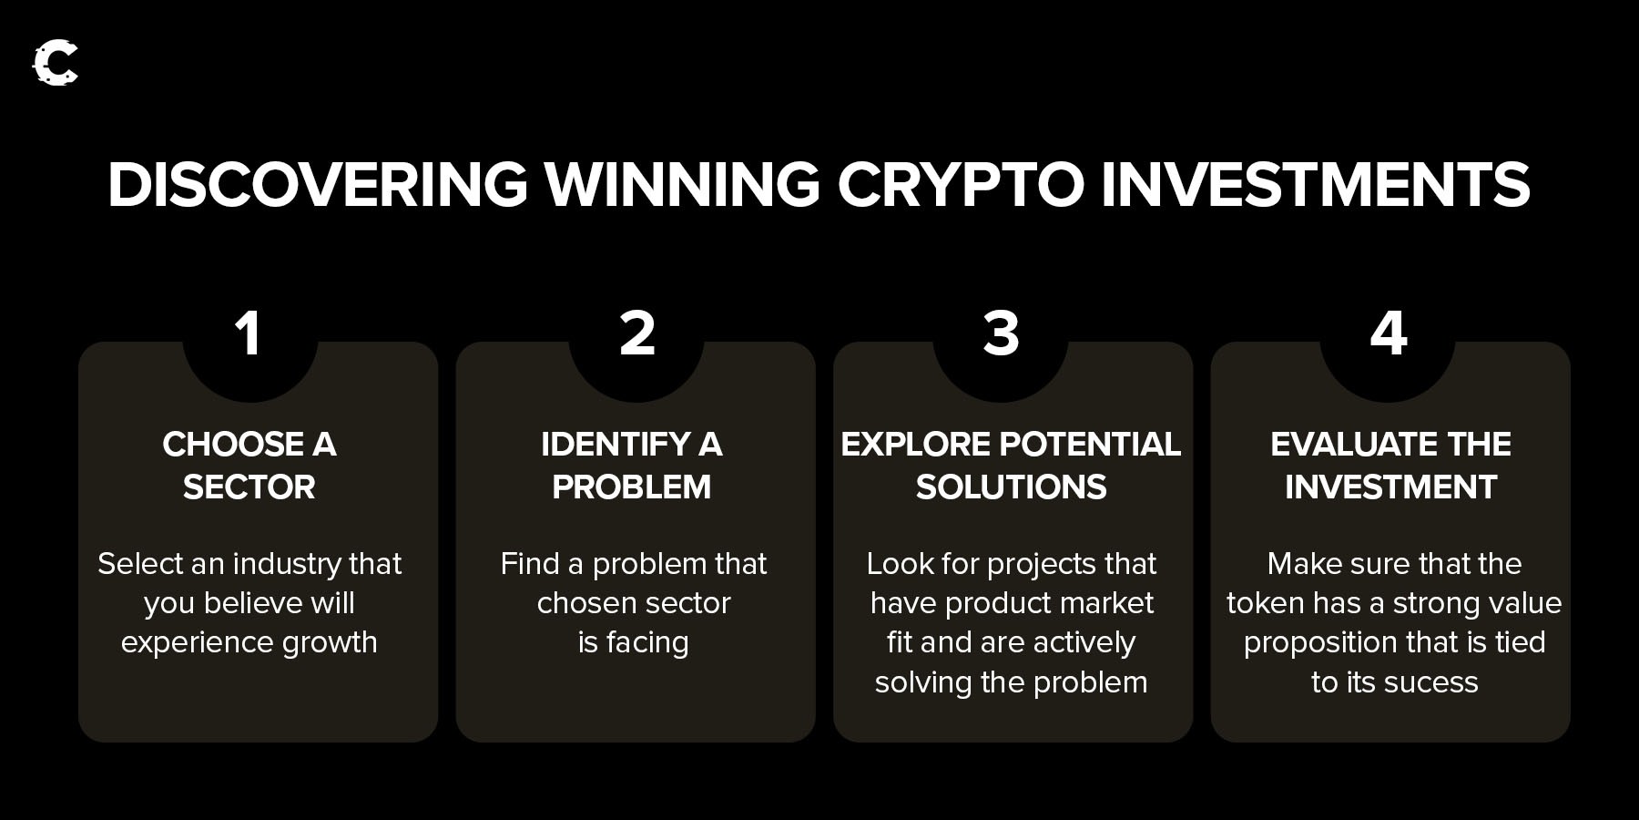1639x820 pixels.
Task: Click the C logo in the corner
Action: pos(56,63)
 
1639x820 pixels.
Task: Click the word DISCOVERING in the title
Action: pos(318,184)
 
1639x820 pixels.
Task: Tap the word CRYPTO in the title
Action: pos(961,184)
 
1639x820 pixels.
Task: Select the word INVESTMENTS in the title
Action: pos(1316,184)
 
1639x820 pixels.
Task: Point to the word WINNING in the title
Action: pos(683,184)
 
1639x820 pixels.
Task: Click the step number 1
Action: pos(248,333)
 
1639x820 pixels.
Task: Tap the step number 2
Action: pos(636,333)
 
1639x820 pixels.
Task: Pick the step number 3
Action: pos(1001,333)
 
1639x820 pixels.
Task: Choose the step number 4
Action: pos(1389,333)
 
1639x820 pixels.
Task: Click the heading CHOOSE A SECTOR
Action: pos(249,466)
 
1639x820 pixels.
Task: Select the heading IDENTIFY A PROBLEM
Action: pos(632,466)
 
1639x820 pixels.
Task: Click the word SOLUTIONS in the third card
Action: pos(1012,487)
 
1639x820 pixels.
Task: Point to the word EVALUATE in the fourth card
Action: pos(1354,445)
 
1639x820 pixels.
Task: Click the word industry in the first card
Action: pos(287,565)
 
